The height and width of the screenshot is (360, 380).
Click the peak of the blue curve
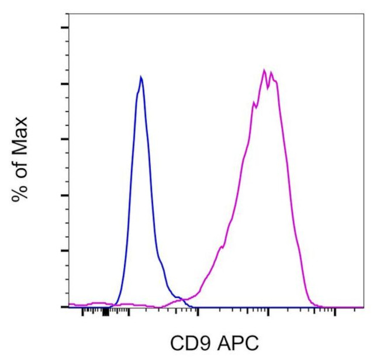pyautogui.click(x=141, y=77)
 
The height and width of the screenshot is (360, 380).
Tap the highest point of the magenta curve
pyautogui.click(x=264, y=70)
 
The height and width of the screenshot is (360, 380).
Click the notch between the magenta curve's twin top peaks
pyautogui.click(x=268, y=88)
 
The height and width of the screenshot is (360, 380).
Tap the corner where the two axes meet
pyautogui.click(x=69, y=307)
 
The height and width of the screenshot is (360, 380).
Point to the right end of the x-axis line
pyautogui.click(x=364, y=307)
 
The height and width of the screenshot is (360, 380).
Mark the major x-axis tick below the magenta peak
pyautogui.click(x=268, y=311)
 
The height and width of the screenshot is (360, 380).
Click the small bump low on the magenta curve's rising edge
pyautogui.click(x=221, y=248)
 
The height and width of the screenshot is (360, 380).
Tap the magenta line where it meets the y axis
pyautogui.click(x=70, y=304)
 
